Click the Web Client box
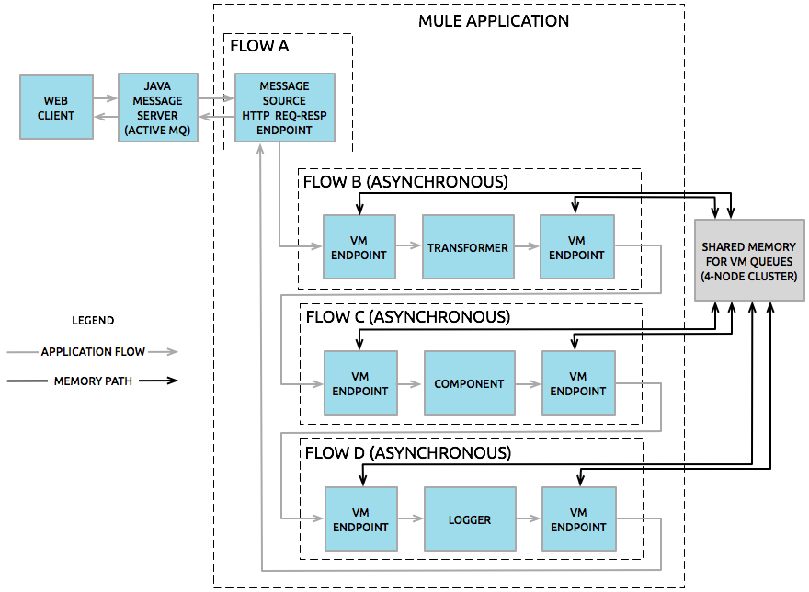(x=56, y=108)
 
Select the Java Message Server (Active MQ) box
(x=157, y=108)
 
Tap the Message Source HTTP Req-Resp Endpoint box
(x=284, y=108)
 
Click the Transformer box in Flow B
(x=467, y=247)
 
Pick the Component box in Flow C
(x=469, y=383)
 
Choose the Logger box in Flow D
(x=469, y=519)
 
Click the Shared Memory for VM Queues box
(x=749, y=260)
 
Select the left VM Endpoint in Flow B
(x=359, y=247)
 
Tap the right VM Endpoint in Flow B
(x=576, y=247)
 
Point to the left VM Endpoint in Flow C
(x=359, y=383)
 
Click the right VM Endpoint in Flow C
(x=577, y=383)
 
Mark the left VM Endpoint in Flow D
(x=361, y=519)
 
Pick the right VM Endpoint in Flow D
(x=577, y=519)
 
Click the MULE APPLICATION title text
(x=494, y=20)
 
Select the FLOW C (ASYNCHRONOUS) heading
(x=406, y=317)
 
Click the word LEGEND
(x=93, y=321)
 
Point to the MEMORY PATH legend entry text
(x=93, y=381)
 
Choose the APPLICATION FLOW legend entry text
(x=93, y=352)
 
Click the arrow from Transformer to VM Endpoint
(x=527, y=247)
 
